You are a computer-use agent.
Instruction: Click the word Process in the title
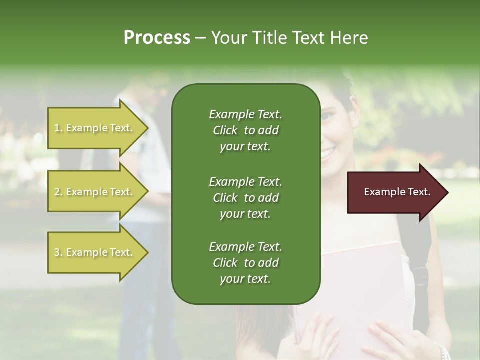click(157, 38)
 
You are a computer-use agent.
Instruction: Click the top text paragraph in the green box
click(245, 130)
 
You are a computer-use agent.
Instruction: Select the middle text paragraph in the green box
click(245, 197)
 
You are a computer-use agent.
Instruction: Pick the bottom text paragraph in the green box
click(245, 263)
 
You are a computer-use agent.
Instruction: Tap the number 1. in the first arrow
click(58, 128)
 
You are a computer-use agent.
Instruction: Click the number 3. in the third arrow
click(58, 252)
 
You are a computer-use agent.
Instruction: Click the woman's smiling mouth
click(328, 152)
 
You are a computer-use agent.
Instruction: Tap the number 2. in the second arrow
click(58, 192)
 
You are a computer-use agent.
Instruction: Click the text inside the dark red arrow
click(397, 192)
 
